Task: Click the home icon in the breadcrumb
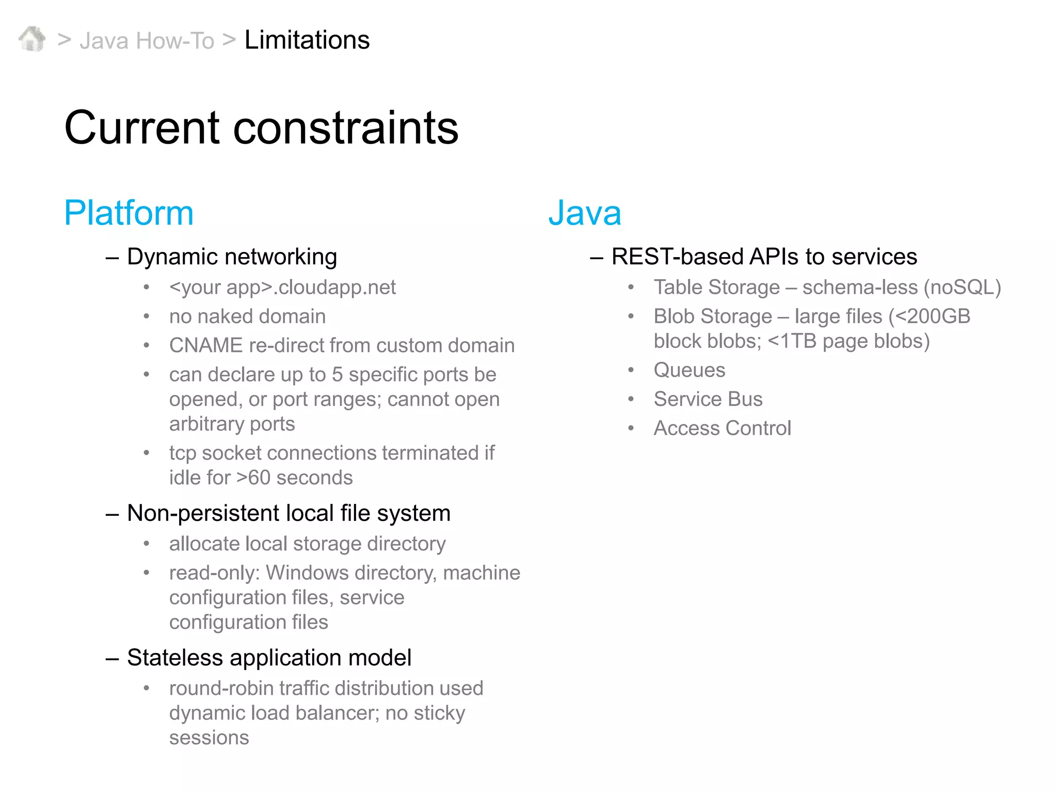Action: coord(32,39)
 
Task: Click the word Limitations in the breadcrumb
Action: coord(307,40)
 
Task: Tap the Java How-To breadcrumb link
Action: coord(147,41)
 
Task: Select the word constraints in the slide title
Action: coord(345,128)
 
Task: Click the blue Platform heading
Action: coord(129,213)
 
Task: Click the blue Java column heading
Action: coord(584,213)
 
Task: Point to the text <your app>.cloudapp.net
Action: coord(282,288)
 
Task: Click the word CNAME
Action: coord(205,345)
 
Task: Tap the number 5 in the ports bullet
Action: coord(337,375)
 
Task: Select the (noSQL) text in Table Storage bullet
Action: coord(962,288)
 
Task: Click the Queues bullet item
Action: coord(689,370)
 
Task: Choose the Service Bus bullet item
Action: coord(708,399)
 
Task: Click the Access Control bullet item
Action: coord(722,429)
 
